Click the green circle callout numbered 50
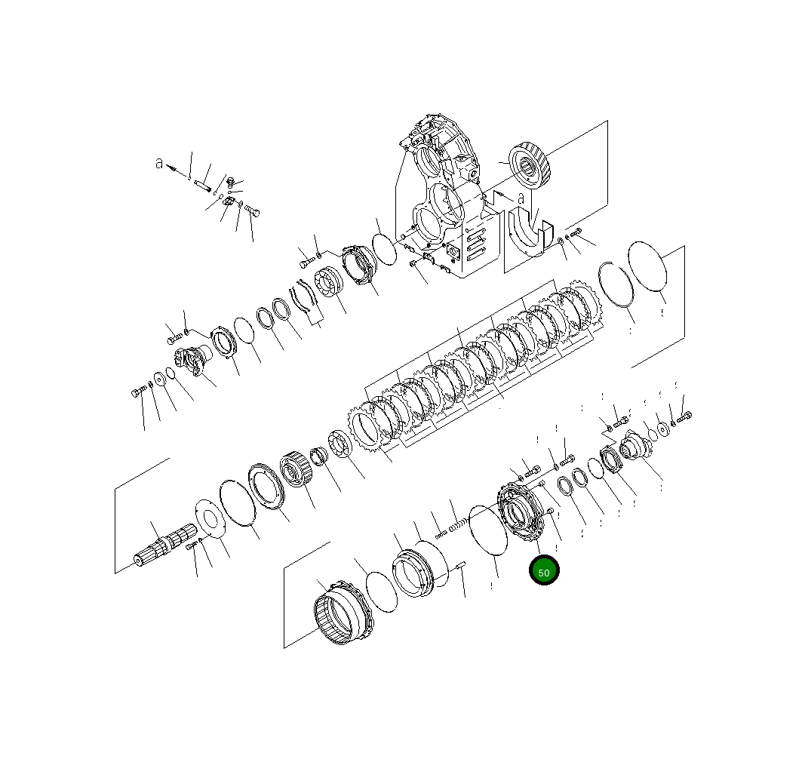[544, 571]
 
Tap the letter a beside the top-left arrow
[159, 163]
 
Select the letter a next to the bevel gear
[521, 198]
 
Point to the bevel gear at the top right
[533, 167]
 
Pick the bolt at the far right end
[684, 416]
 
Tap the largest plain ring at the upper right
[648, 265]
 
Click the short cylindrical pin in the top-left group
[202, 182]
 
